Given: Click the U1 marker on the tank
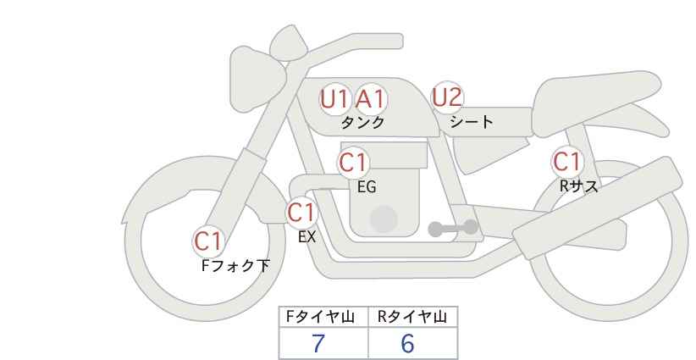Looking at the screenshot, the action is pos(334,99).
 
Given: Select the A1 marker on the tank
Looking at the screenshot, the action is pos(371,99).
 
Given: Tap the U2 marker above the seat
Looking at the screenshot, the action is pos(447,97).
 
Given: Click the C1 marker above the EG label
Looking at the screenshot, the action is pos(353,163).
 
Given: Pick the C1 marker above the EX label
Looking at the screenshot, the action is pos(301,213).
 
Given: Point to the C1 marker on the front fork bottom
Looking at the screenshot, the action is pos(208,241).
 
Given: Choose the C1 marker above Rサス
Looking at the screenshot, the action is pos(566,162).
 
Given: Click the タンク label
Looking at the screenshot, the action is pos(362,122).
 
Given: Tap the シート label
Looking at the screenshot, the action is pos(472,121).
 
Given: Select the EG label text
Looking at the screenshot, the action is pos(367,187).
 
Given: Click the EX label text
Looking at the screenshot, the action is pos(307,237).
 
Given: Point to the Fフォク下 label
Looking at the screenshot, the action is pos(235,265).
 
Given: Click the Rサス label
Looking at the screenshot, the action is pos(578,186).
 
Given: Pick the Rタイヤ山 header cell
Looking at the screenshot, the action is pos(413,317).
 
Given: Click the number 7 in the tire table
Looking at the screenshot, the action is pos(318,343).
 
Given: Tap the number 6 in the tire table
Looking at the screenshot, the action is pos(407,343).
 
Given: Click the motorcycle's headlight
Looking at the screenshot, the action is pos(257,79).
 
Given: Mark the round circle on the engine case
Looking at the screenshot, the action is pos(384,219).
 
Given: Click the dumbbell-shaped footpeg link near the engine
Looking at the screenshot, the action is pos(453,228).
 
